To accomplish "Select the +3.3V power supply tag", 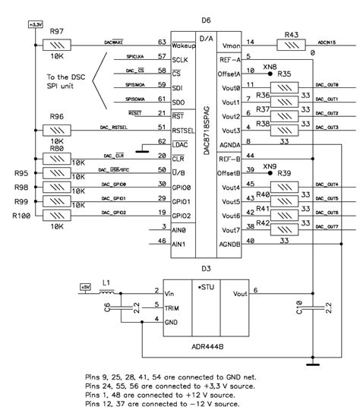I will (x=36, y=25).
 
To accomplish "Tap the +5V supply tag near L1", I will (x=85, y=287).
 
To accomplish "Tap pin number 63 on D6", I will (x=162, y=43).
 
